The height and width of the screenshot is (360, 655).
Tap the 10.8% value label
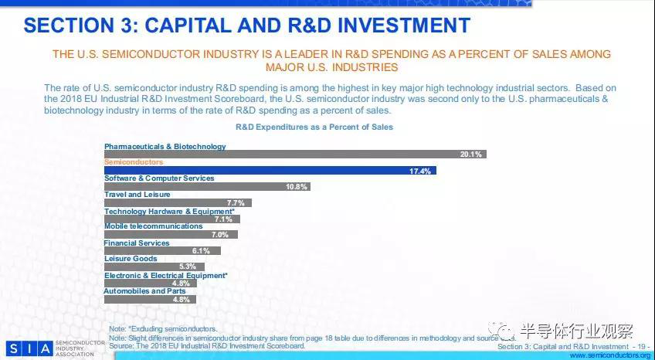[x=297, y=187]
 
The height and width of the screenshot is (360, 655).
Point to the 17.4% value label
[x=421, y=171]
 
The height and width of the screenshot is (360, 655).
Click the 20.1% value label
[x=470, y=155]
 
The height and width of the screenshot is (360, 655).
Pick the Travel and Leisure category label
[x=137, y=195]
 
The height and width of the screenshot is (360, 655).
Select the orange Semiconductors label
[x=134, y=162]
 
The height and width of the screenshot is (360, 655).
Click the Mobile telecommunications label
[x=154, y=226]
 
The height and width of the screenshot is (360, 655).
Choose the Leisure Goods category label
[x=131, y=259]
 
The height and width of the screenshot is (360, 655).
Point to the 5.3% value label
[x=187, y=267]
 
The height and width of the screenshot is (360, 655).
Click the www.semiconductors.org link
[x=611, y=355]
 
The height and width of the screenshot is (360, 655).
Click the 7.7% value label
[x=236, y=202]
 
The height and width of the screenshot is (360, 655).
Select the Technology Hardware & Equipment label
[x=169, y=211]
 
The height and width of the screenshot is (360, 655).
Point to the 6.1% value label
[x=201, y=251]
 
